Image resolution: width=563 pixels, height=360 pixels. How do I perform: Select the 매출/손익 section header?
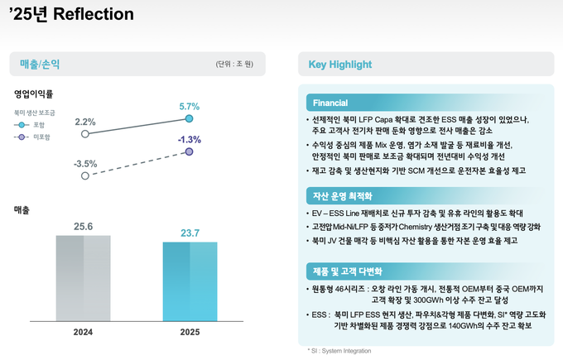click(40, 63)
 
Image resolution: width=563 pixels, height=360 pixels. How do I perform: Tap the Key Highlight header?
click(339, 64)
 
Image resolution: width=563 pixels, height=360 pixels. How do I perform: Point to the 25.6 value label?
click(83, 226)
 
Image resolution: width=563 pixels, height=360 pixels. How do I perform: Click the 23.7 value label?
click(190, 233)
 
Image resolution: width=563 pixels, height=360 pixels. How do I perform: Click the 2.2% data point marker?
click(84, 133)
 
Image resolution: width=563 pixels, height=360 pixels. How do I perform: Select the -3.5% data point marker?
click(84, 175)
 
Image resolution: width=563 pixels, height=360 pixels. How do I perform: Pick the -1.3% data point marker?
click(190, 152)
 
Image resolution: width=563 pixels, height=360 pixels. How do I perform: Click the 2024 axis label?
click(83, 331)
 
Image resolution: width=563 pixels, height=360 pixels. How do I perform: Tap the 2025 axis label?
click(190, 331)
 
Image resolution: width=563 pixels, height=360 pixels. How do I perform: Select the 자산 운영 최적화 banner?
click(342, 196)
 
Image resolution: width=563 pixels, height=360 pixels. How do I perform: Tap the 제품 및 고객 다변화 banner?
click(348, 271)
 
